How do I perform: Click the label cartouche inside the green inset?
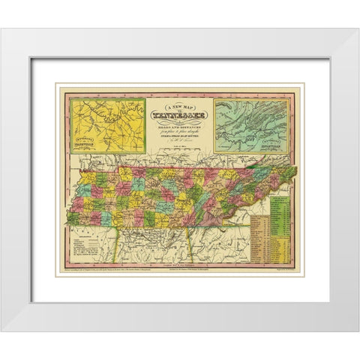coord(274,148)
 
